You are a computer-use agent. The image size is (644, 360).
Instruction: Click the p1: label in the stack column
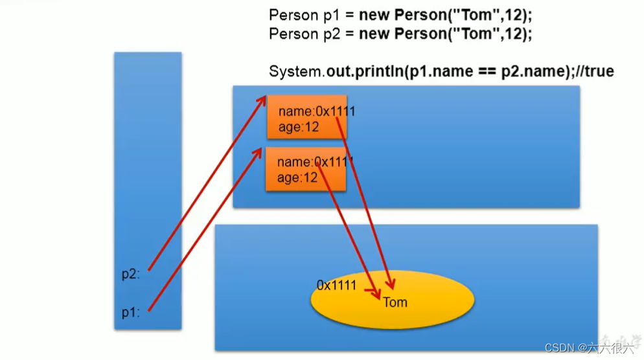click(x=131, y=312)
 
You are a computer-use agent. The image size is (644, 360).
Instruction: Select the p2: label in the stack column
click(x=131, y=273)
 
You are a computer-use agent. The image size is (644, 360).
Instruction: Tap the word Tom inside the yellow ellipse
click(x=395, y=302)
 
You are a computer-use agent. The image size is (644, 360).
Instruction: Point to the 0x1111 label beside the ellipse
click(x=336, y=285)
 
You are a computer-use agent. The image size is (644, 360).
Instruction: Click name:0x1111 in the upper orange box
click(x=316, y=112)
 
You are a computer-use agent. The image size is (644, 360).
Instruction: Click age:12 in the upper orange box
click(x=299, y=127)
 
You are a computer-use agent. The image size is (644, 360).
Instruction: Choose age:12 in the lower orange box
click(x=297, y=177)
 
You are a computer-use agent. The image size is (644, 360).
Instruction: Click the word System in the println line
click(x=295, y=71)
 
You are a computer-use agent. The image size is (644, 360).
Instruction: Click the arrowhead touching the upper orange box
click(x=262, y=99)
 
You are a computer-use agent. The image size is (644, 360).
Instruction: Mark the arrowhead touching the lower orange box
click(x=260, y=150)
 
